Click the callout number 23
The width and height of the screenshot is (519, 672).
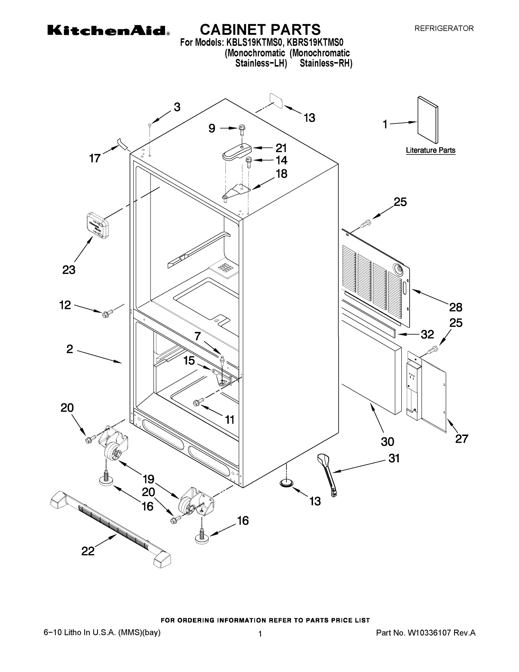(x=69, y=270)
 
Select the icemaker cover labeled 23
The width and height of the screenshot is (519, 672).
(x=97, y=225)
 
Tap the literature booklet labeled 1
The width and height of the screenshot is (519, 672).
(x=428, y=120)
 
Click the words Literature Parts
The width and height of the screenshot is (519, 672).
(x=431, y=150)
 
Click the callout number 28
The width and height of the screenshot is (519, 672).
(x=456, y=307)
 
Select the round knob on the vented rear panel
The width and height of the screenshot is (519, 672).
(x=399, y=270)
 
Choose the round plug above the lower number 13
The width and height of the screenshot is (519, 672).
(x=286, y=483)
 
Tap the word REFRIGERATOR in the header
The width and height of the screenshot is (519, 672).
(x=444, y=29)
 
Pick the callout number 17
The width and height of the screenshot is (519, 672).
(x=95, y=158)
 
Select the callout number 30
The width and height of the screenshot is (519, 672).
(x=388, y=442)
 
